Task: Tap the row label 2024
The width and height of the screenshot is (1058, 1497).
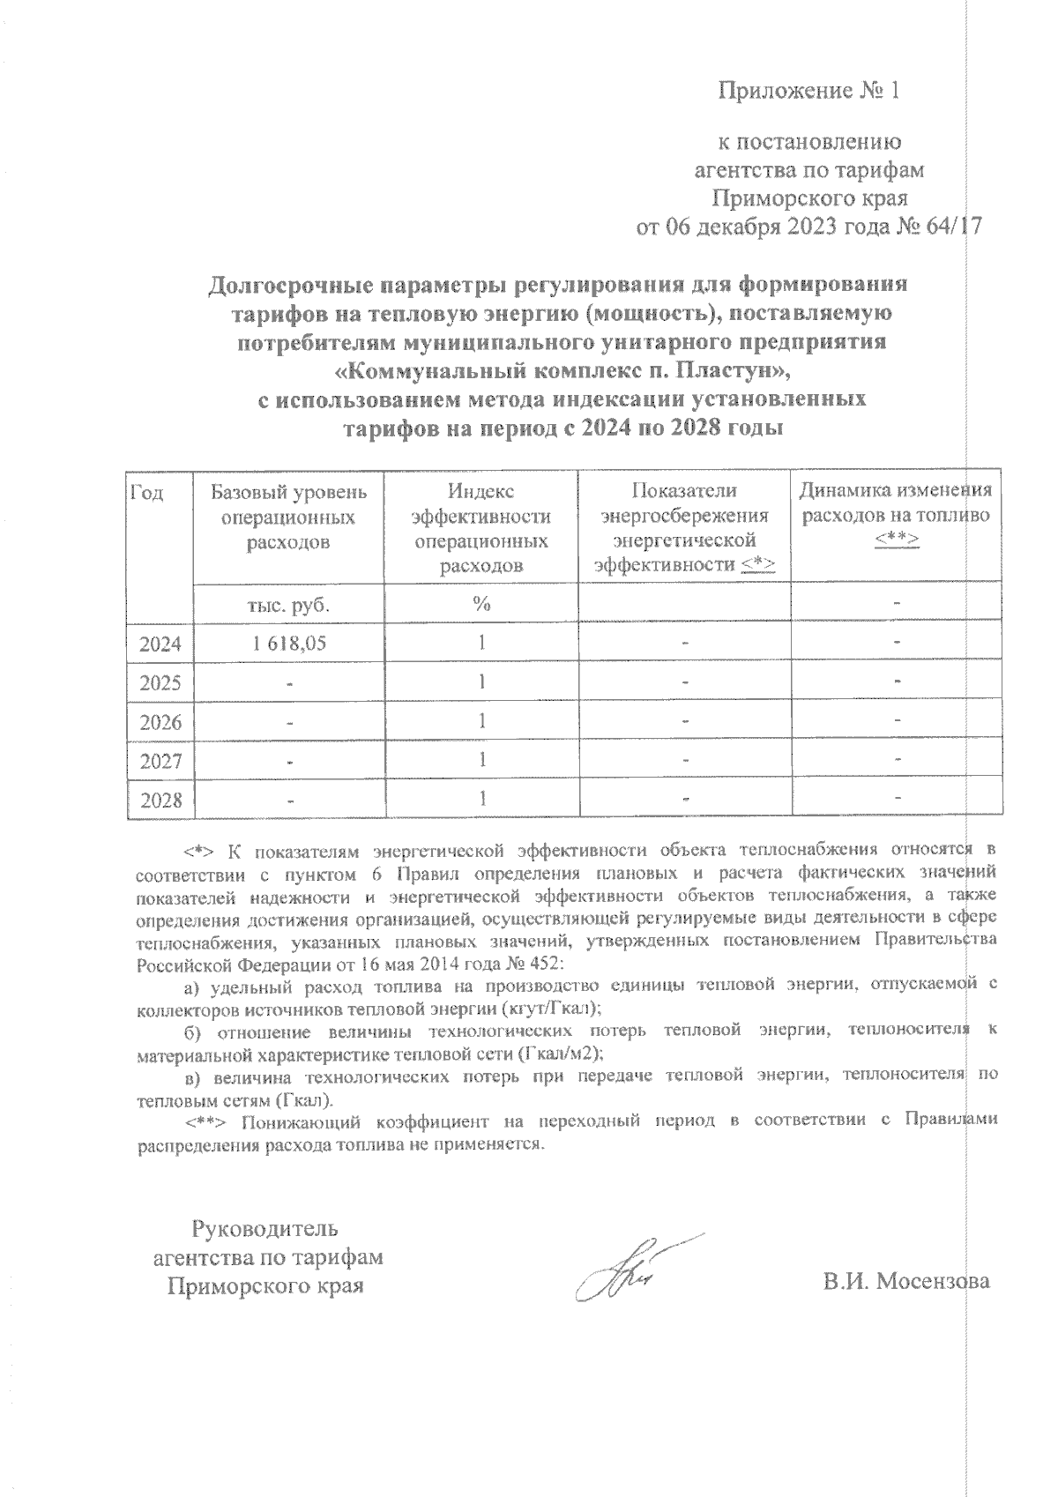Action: coord(160,644)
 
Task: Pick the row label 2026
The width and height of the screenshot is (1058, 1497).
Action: coord(160,723)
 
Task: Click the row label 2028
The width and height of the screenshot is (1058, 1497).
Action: coord(160,801)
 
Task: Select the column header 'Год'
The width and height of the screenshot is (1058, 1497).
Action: coord(147,492)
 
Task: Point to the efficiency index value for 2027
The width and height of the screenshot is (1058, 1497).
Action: coord(481,760)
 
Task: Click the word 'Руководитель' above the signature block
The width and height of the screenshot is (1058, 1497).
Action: coord(265,1228)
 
